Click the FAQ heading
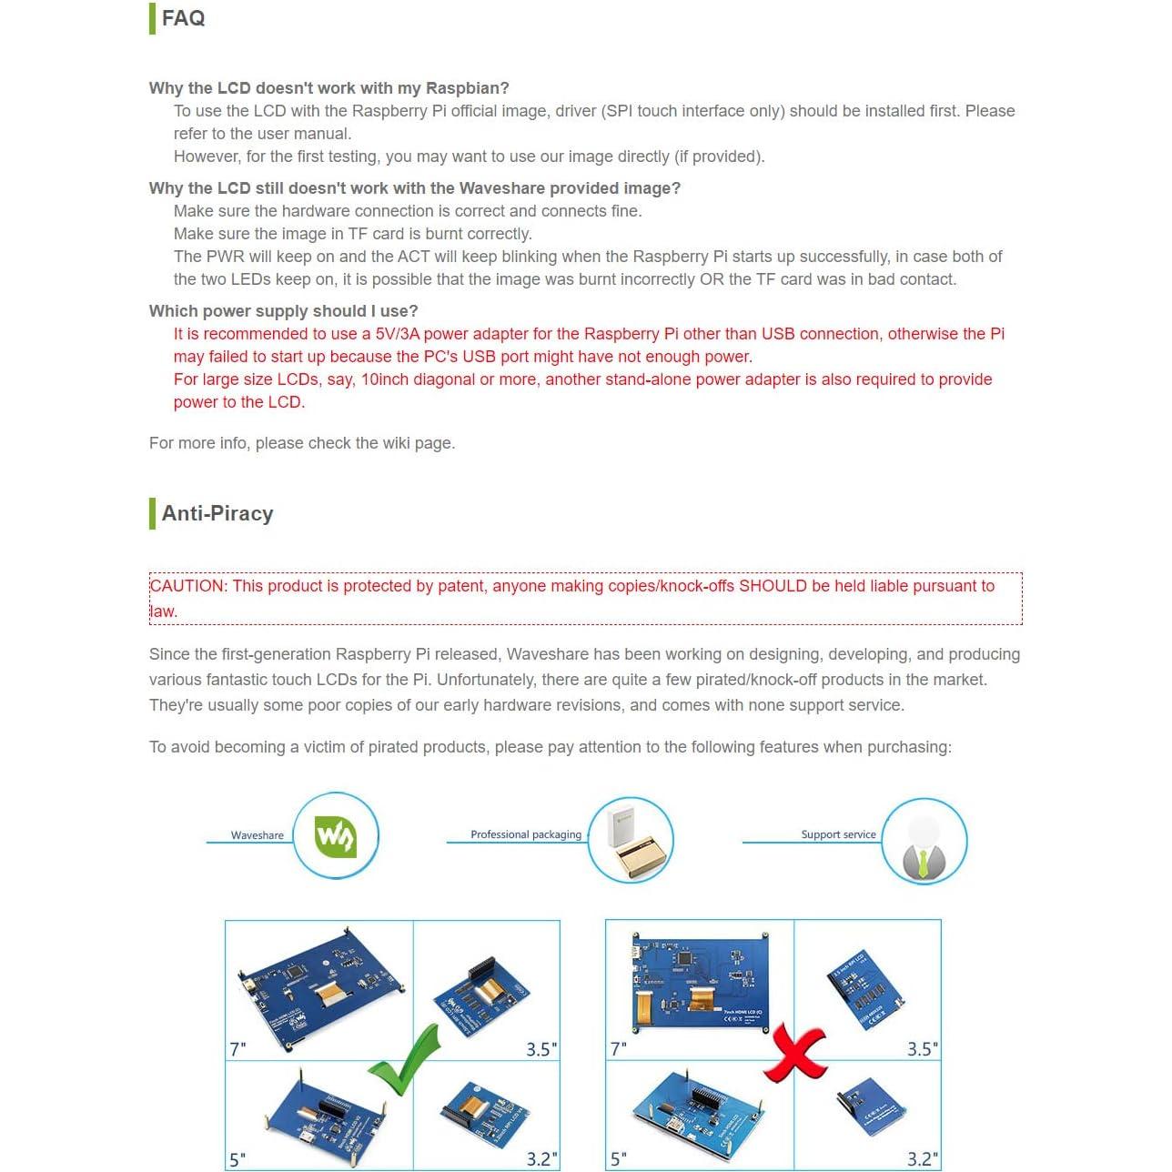[183, 18]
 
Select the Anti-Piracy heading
[217, 513]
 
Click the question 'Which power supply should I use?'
[283, 311]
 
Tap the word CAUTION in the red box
[187, 586]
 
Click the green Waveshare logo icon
[335, 836]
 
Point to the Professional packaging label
[525, 834]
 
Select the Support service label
[838, 834]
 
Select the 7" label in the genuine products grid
[237, 1049]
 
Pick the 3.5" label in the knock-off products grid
[922, 1049]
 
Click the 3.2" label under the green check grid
[541, 1159]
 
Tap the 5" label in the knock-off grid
[619, 1159]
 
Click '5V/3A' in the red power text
[398, 334]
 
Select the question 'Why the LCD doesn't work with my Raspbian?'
[328, 88]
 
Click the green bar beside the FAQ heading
[152, 18]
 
